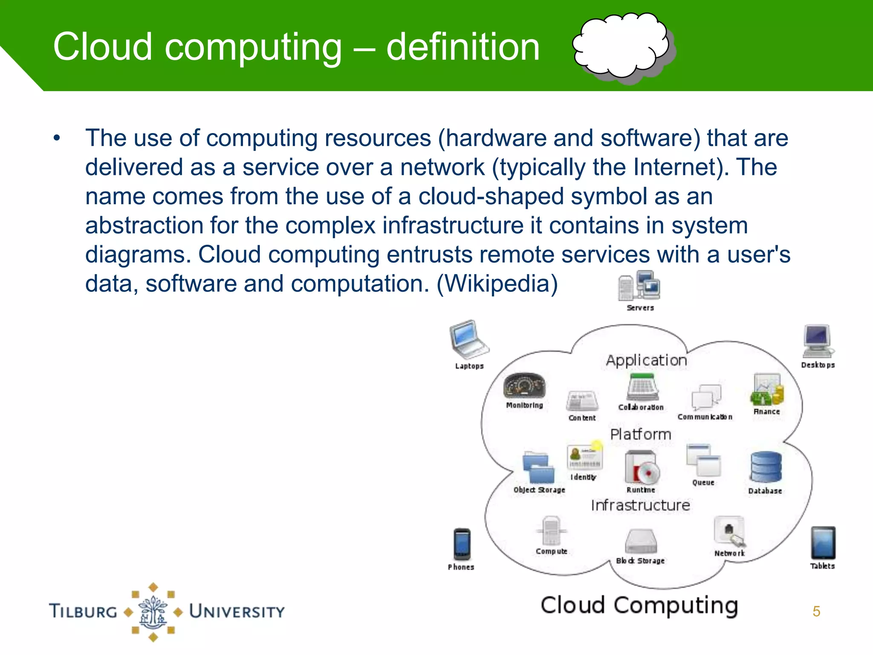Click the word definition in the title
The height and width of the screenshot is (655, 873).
(463, 47)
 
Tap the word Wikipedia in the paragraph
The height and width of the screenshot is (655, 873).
(497, 284)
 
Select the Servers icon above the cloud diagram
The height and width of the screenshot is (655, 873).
(639, 285)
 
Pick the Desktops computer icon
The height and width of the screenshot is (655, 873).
(817, 341)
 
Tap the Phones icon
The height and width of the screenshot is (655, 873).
(462, 544)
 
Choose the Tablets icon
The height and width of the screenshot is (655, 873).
(823, 543)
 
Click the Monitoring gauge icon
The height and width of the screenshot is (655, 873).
(524, 386)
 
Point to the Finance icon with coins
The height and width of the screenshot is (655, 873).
(767, 390)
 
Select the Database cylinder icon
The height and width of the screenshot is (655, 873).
(766, 467)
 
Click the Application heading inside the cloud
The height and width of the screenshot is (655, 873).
(646, 361)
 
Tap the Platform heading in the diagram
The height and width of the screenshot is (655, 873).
(640, 435)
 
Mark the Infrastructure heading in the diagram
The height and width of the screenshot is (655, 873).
(640, 505)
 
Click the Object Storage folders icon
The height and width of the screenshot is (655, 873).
(538, 468)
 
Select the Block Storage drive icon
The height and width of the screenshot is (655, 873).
(641, 542)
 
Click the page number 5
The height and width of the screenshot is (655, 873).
(816, 612)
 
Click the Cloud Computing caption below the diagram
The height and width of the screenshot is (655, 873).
(639, 606)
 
